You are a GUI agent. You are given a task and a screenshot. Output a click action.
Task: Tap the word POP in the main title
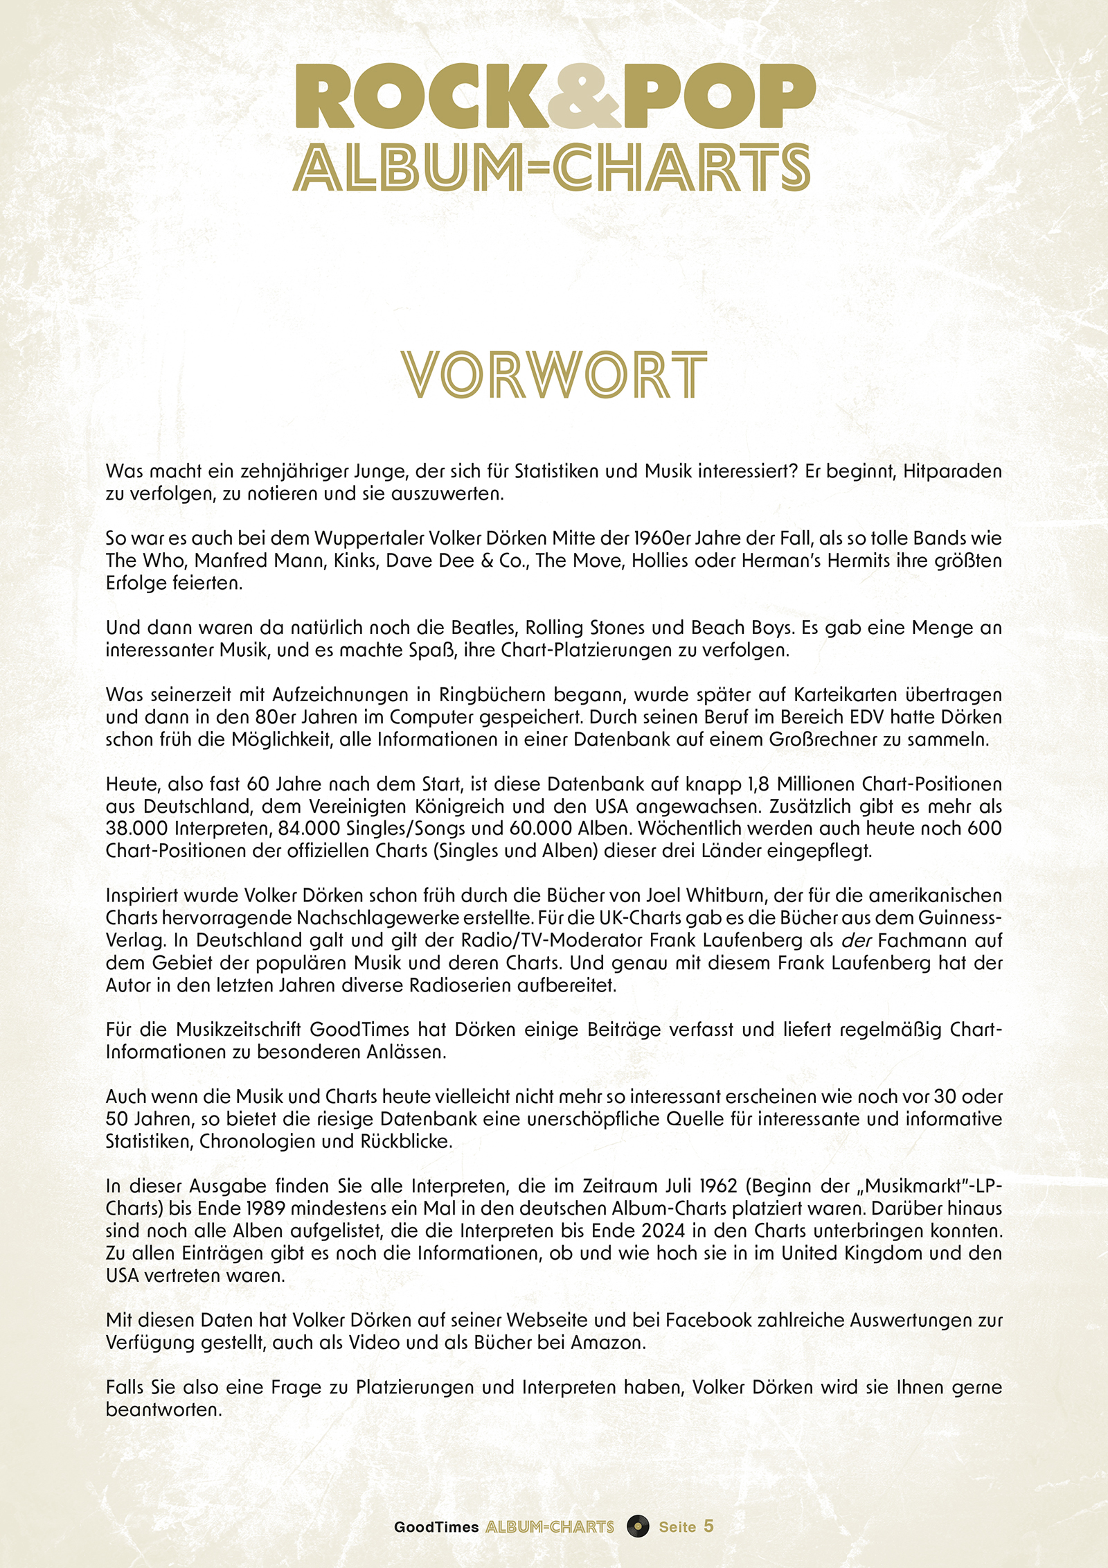719,97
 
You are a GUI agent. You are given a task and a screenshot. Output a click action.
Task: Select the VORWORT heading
554,375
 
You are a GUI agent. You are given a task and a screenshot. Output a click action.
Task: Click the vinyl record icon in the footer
638,1526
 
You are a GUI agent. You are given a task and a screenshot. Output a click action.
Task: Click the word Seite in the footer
677,1526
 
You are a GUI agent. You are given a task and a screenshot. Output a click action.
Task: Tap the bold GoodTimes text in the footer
436,1526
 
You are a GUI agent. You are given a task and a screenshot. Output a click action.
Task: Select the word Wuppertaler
368,538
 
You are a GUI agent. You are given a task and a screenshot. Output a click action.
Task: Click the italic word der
856,941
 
